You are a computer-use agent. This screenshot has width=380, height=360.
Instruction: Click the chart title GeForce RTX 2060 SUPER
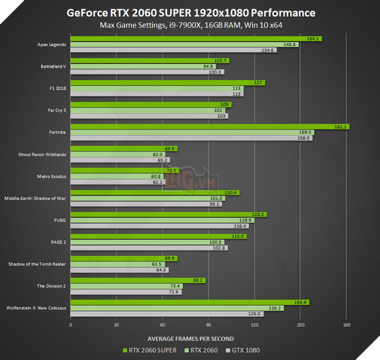coord(190,13)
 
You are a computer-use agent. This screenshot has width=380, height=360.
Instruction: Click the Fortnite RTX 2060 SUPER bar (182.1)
coord(210,127)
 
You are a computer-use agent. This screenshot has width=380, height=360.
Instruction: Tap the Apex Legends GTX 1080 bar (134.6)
coord(174,50)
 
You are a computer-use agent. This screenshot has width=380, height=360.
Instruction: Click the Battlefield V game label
coord(53,66)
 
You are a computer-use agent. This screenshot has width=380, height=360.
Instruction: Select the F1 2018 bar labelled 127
coord(168,83)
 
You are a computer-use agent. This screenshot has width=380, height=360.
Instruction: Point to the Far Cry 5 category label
coord(57,110)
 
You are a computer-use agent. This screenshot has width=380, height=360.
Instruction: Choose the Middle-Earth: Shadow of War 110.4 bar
coord(155,192)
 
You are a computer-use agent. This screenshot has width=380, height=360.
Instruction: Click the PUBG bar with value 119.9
coord(162,220)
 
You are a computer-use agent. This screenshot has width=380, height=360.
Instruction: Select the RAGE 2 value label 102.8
coord(220,248)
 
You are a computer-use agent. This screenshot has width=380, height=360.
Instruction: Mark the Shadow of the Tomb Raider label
coord(37,264)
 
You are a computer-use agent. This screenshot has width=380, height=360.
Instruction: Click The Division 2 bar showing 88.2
coord(138,280)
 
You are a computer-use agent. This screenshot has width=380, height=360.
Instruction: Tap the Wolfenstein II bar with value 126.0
coord(167,314)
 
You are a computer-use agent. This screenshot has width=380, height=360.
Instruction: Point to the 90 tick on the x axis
coord(208,325)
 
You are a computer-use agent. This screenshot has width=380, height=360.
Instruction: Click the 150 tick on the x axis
coord(300,325)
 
